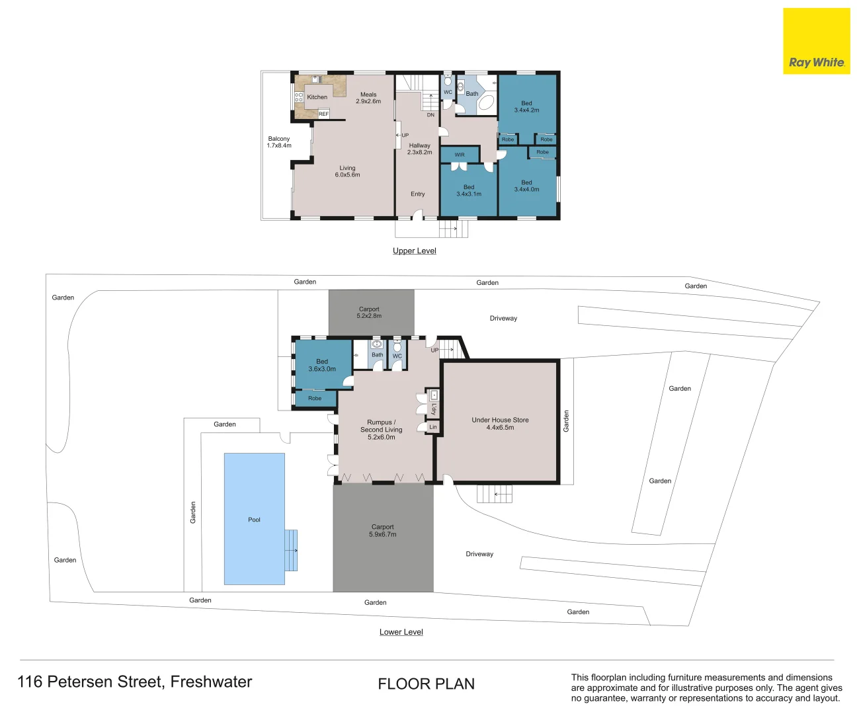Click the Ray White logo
817,41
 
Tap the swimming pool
255,519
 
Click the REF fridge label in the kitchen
323,114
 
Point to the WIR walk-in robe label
460,155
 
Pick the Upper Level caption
414,251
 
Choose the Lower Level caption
401,632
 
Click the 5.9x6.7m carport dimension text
382,534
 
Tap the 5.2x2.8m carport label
369,316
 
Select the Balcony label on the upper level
279,139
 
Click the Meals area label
368,95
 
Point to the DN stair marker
430,115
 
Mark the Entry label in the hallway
418,194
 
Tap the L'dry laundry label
434,409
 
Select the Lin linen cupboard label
433,427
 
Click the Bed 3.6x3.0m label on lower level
322,365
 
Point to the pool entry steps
291,550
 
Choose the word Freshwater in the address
211,682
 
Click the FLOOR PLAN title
426,684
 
